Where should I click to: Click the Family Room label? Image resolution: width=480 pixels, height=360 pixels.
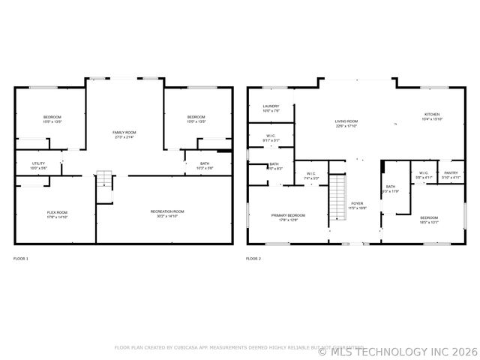[x=124, y=132]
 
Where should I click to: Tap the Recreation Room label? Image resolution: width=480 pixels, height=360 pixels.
[x=167, y=211]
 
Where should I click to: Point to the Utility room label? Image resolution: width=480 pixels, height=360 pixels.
[x=38, y=163]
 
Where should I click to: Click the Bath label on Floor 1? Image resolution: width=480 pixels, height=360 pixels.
[x=205, y=163]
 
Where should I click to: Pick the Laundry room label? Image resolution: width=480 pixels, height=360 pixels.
[x=271, y=106]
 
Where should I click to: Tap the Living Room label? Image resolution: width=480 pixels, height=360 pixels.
[x=346, y=121]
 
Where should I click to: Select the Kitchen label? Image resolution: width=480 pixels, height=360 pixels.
[x=432, y=114]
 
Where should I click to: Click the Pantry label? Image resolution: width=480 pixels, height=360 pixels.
[x=451, y=173]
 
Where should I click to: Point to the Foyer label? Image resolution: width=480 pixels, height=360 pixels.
[x=357, y=203]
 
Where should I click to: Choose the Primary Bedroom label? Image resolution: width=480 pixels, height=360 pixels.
[x=288, y=215]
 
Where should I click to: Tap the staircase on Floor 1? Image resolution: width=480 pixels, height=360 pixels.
[x=104, y=181]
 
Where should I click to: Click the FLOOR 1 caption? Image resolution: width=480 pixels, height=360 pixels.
[x=21, y=259]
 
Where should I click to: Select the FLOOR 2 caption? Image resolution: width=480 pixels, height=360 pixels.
[x=253, y=259]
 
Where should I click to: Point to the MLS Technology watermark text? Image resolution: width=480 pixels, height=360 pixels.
[x=397, y=350]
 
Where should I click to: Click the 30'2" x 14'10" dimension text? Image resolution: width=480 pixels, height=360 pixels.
[x=167, y=216]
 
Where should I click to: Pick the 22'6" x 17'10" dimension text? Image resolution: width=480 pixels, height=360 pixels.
[x=346, y=126]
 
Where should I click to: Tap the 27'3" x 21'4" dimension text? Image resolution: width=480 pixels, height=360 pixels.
[x=124, y=136]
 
